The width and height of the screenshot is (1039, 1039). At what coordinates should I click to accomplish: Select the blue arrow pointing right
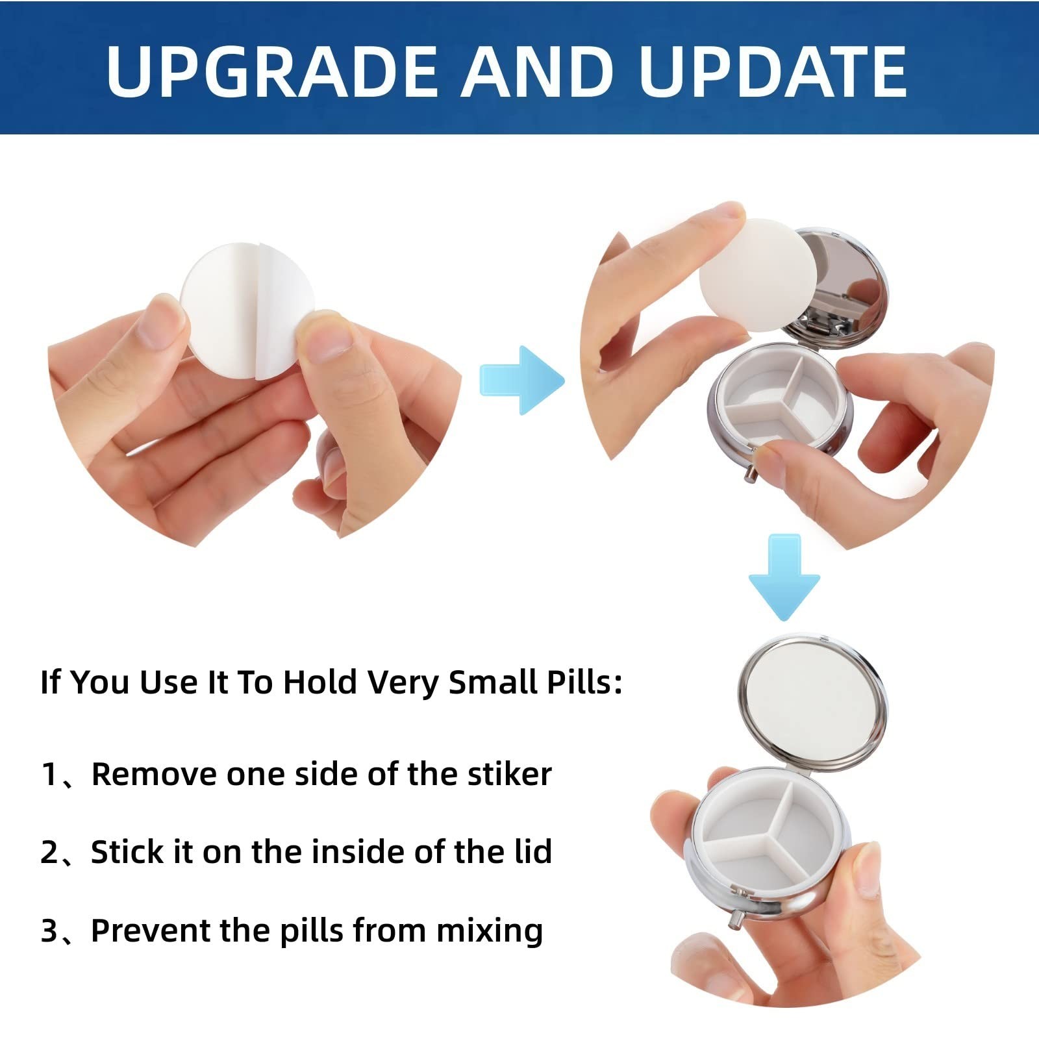521,380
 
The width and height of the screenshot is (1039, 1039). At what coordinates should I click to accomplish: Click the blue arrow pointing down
784,576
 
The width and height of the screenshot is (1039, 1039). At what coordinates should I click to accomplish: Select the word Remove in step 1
154,774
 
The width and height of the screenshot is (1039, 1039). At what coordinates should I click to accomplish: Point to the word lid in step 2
533,852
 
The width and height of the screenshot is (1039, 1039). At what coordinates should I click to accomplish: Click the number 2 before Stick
49,853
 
